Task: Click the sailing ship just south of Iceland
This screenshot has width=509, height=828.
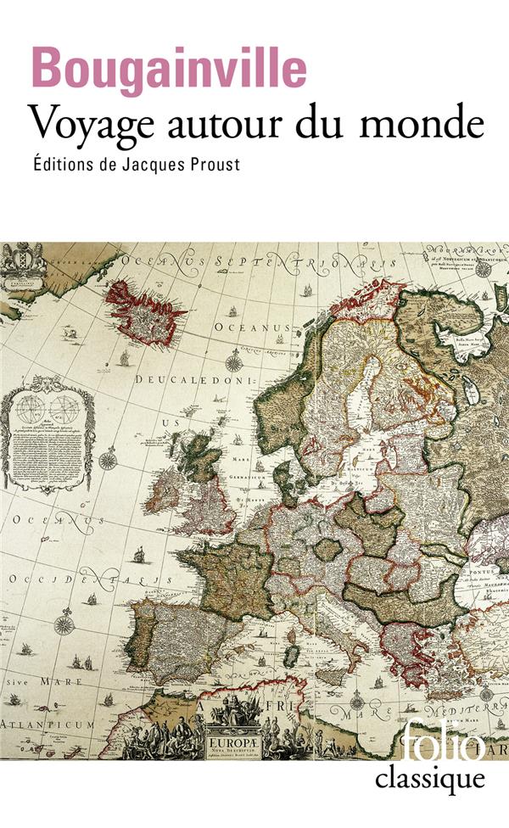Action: (125, 359)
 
